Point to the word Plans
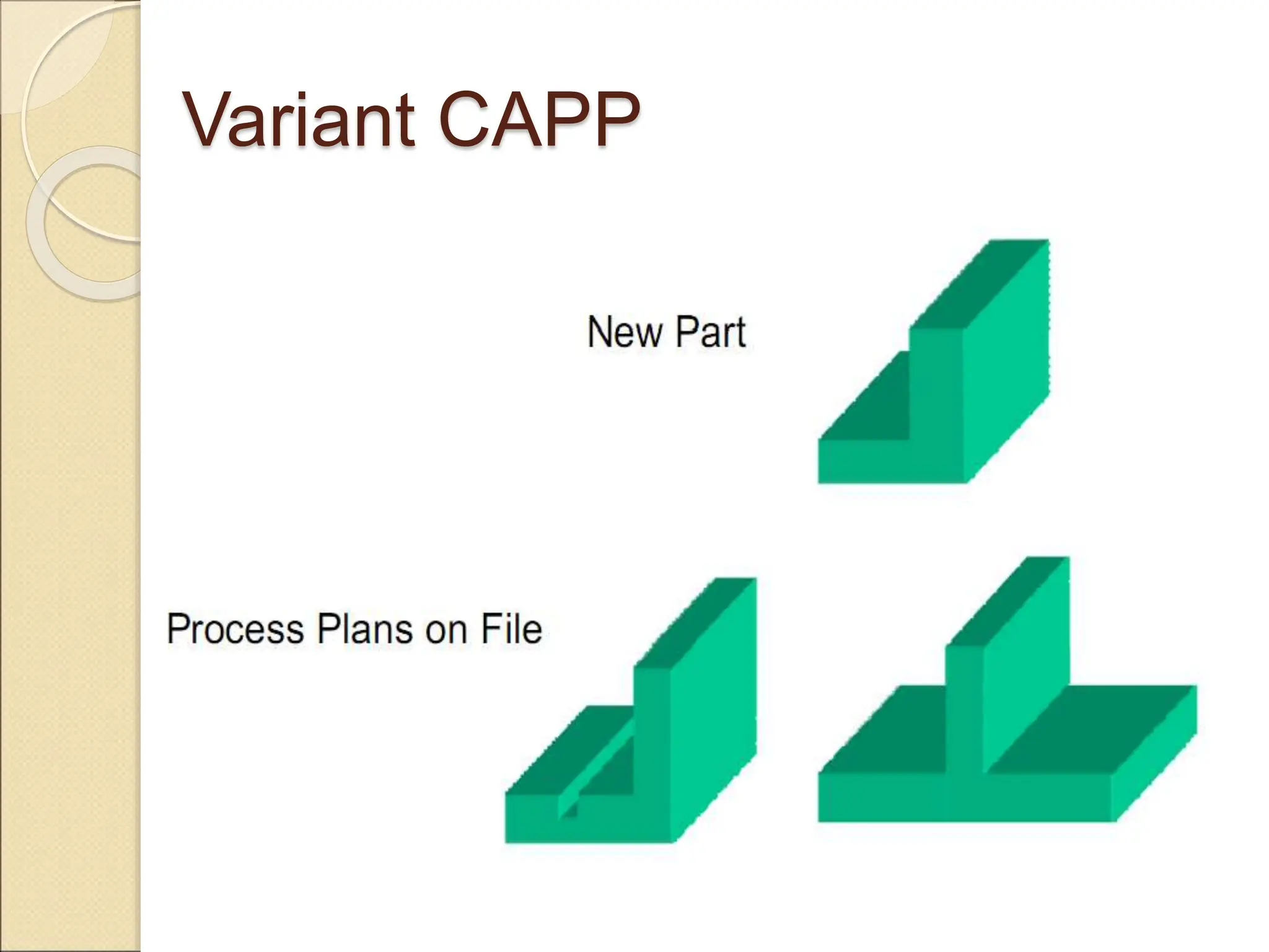[x=364, y=629]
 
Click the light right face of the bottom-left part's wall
[x=713, y=731]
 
